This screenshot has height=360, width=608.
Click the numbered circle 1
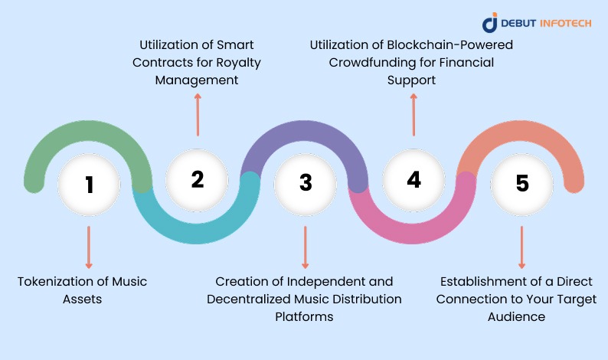click(90, 184)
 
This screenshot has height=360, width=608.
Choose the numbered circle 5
click(521, 184)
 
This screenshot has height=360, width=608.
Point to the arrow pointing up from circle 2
click(198, 115)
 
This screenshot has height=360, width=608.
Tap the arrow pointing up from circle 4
click(414, 115)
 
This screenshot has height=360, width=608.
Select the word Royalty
click(236, 62)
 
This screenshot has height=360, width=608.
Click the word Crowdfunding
click(368, 62)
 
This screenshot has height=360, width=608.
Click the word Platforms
click(304, 316)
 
